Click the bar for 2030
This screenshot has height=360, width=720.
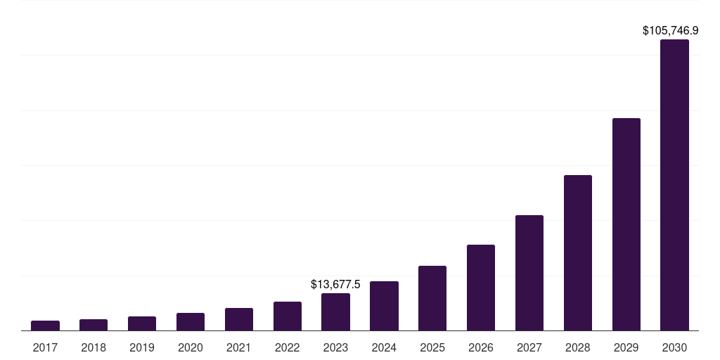[x=674, y=185]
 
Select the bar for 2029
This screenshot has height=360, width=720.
[x=626, y=224]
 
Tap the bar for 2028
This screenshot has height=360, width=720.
[x=578, y=252]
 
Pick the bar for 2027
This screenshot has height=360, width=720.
[x=529, y=273]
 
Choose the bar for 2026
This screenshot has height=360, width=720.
[x=481, y=288]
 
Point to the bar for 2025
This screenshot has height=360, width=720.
[x=432, y=298]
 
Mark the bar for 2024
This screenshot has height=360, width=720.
[x=384, y=306]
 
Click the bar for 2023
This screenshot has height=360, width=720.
[x=335, y=311]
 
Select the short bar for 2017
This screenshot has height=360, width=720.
[x=45, y=326]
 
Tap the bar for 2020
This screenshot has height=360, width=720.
[x=191, y=321]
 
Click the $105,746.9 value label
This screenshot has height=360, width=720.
[x=670, y=31]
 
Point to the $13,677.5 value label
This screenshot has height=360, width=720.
[x=335, y=284]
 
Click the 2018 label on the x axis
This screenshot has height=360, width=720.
[x=94, y=347]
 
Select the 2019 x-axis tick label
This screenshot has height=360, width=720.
[x=142, y=347]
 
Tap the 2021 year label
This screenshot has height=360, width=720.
[x=239, y=347]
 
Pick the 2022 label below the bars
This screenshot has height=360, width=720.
[x=287, y=347]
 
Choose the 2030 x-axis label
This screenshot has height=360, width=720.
[x=674, y=347]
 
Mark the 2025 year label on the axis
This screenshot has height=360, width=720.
[x=432, y=347]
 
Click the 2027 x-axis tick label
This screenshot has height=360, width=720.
[x=529, y=347]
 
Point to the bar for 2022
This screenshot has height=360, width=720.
[x=287, y=316]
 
